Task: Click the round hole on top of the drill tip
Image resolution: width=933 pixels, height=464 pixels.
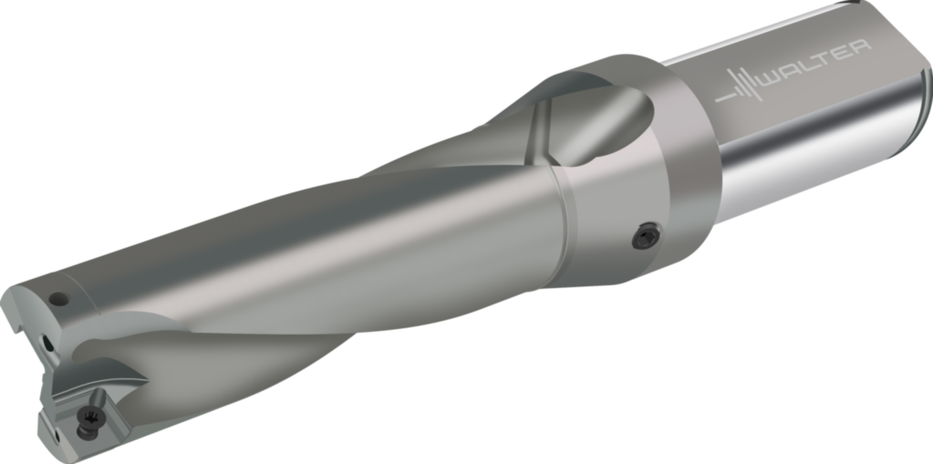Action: [x=59, y=297]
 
